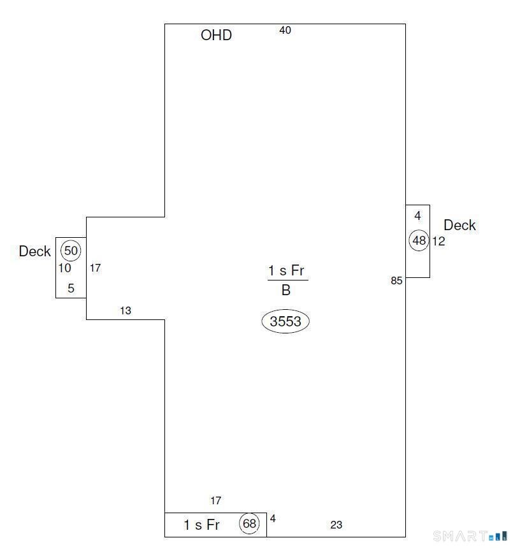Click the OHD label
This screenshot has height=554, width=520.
coord(216,35)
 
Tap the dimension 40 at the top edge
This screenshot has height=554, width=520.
coord(285,31)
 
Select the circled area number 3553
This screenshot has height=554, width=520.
coord(285,321)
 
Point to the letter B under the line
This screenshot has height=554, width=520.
coord(285,290)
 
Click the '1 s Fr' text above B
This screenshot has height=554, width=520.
coord(286,271)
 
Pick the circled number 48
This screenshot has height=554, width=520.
coord(419,240)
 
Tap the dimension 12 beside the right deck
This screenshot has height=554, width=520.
coord(438,242)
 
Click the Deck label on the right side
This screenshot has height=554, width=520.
coord(459,225)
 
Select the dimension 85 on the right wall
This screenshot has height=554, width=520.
coord(396,281)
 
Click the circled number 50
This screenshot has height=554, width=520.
coord(71,251)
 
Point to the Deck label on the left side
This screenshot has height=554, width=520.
coord(34,251)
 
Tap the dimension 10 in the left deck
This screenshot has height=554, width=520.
coord(64,268)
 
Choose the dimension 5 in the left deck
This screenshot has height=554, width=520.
coord(71,288)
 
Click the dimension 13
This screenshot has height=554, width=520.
coord(126,310)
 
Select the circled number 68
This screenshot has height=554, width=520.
coord(249,523)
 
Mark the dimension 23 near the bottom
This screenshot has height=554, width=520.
coord(336,525)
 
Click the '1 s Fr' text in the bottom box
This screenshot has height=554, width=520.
coord(202,525)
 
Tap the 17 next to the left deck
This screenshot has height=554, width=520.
coord(96,268)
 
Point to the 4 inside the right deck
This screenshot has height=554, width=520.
coord(417,215)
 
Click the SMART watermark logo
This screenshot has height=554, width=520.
coord(470,536)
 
